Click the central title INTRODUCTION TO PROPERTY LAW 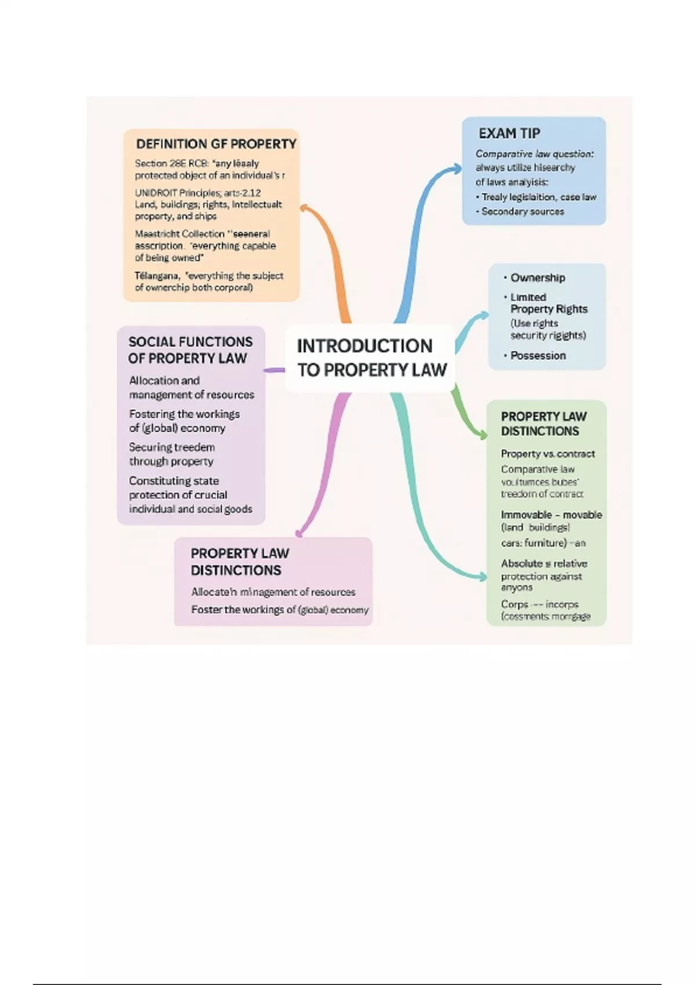point(371,358)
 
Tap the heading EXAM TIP point(509,133)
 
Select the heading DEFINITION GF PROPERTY point(216,144)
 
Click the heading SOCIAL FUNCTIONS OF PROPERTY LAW point(190,350)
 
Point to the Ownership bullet point(537,278)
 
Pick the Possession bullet point(537,355)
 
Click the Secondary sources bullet point(522,211)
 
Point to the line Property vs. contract point(547,454)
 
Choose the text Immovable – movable point(551,515)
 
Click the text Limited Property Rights point(548,303)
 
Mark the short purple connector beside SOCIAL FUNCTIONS point(274,370)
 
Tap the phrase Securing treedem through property point(171,454)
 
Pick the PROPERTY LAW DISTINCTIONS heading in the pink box point(239,561)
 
